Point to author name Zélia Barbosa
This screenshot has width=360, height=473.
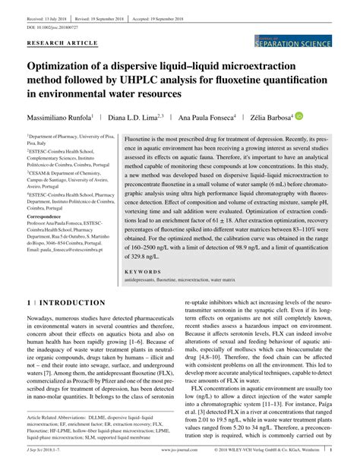[270, 118]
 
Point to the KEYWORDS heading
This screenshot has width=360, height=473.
[142, 271]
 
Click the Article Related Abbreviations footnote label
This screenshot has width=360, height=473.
[62, 418]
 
